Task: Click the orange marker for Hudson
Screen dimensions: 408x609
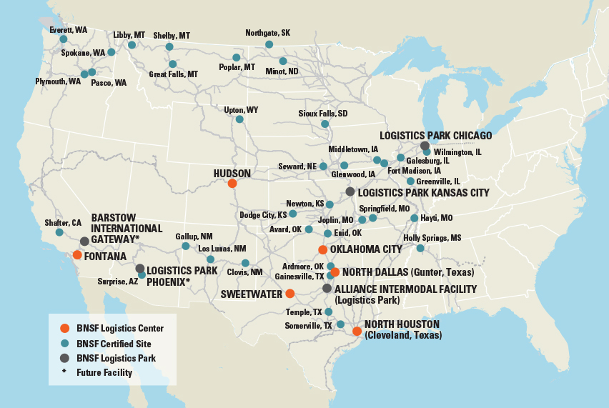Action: pyautogui.click(x=232, y=184)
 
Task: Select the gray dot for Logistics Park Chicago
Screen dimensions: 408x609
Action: pyautogui.click(x=425, y=146)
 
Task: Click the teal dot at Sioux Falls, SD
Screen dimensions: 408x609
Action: pyautogui.click(x=325, y=124)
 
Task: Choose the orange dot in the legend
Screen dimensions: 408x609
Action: pyautogui.click(x=64, y=329)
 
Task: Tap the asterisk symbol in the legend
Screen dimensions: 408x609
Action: pyautogui.click(x=64, y=372)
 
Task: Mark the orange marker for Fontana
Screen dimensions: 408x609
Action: pyautogui.click(x=77, y=255)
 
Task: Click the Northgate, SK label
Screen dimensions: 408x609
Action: pyautogui.click(x=267, y=33)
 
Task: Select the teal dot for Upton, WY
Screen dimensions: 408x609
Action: pyautogui.click(x=239, y=119)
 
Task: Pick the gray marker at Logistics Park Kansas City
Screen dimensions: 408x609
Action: pyautogui.click(x=350, y=191)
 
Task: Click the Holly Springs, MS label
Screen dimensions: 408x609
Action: pyautogui.click(x=432, y=237)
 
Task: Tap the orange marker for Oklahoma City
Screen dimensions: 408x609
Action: pyautogui.click(x=323, y=249)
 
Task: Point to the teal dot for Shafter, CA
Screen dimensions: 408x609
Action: pyautogui.click(x=59, y=232)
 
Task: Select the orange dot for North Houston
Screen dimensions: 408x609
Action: pyautogui.click(x=357, y=331)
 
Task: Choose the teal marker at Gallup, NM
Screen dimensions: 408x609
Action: pyautogui.click(x=186, y=247)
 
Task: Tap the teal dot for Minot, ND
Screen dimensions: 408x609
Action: pyautogui.click(x=283, y=61)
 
